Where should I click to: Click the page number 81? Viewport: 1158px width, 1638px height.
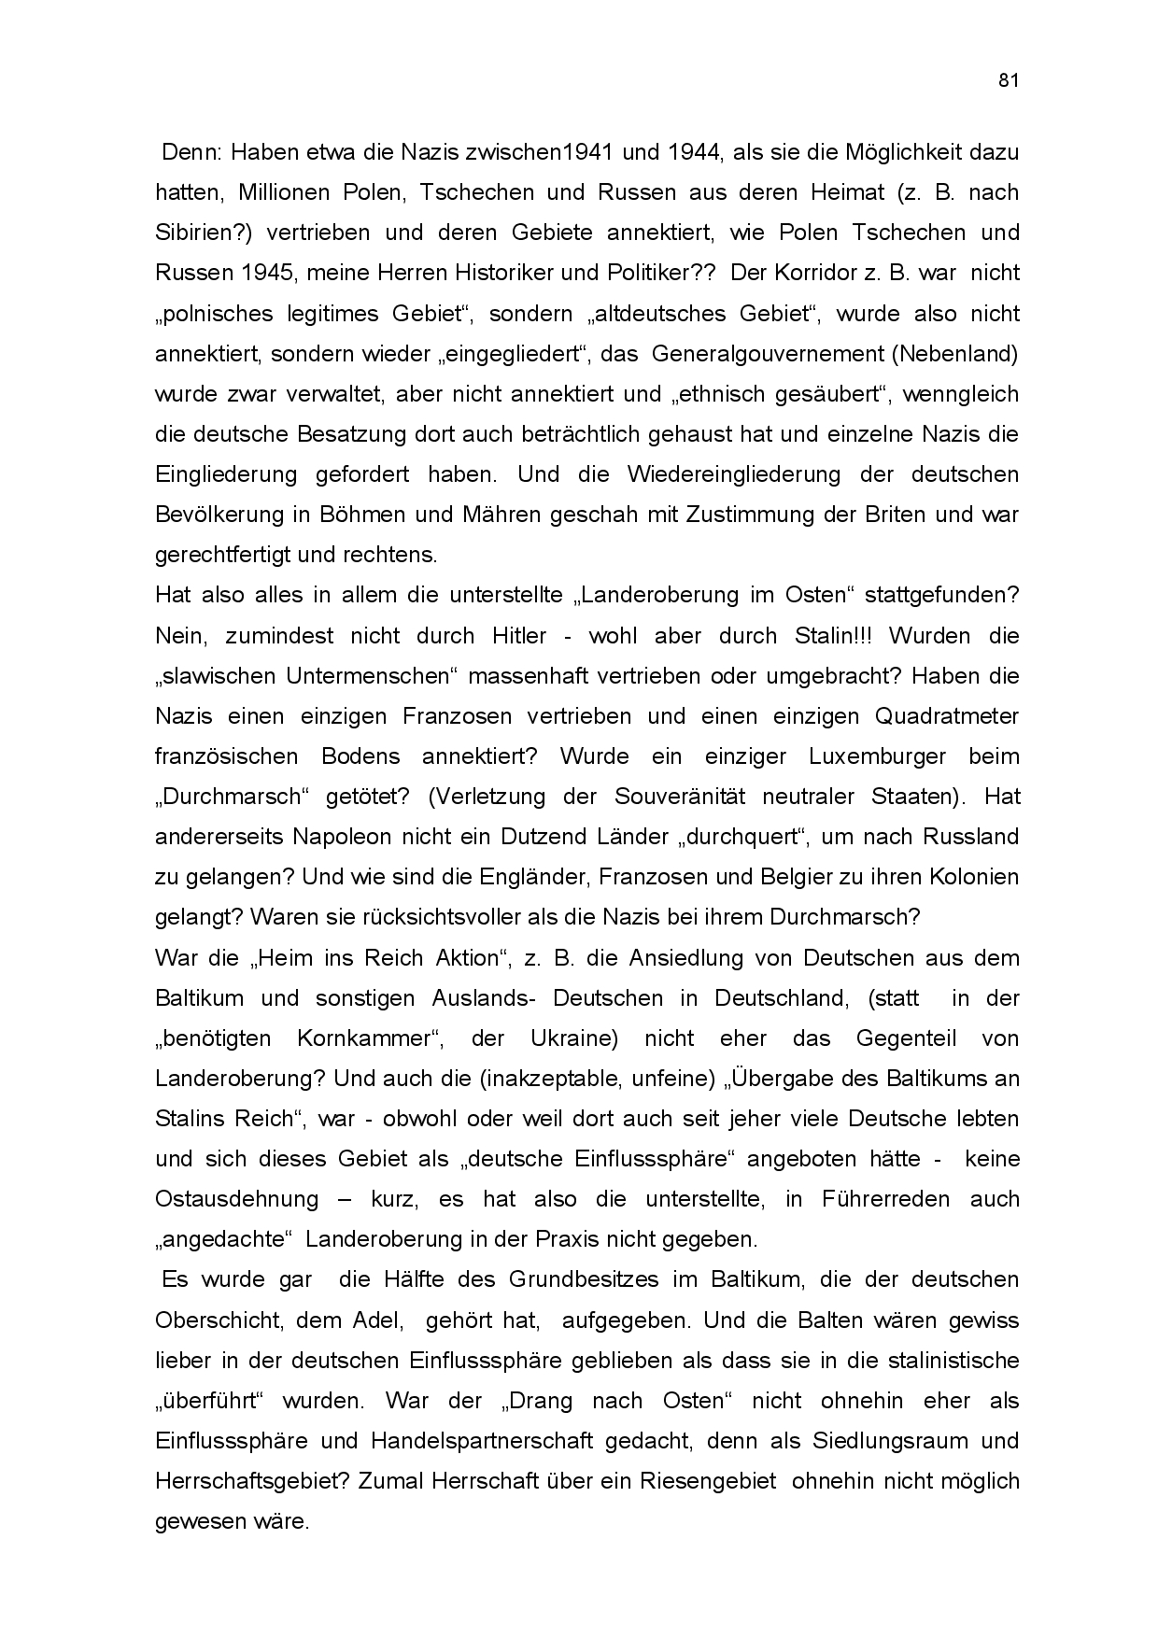point(1008,80)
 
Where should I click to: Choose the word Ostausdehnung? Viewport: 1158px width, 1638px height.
point(236,1199)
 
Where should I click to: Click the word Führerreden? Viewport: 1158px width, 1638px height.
point(886,1199)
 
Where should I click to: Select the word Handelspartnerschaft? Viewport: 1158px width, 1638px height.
point(482,1441)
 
